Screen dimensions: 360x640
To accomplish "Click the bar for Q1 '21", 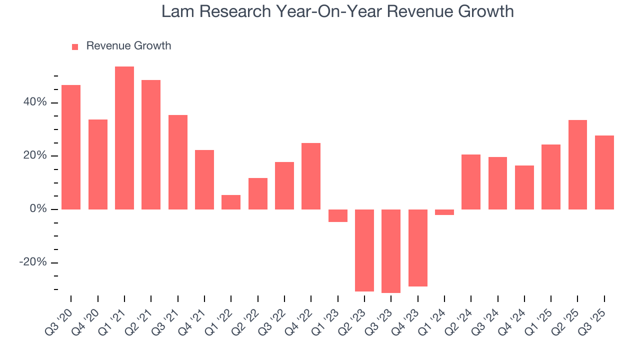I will pos(124,138).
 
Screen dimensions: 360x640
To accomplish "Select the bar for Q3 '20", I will pos(71,147).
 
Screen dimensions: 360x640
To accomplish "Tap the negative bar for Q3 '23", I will pos(391,251).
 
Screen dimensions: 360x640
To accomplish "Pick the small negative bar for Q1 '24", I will pos(444,212).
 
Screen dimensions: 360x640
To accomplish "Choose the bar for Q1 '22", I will pos(231,202).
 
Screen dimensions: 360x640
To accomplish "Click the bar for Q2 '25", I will pos(577,164).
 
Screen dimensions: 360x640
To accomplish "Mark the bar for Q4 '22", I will pos(311,176).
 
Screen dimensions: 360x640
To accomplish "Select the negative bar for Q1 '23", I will pos(338,215).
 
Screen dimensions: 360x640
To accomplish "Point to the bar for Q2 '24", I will pos(471,182).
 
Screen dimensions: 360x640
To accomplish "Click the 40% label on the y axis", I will pos(34,102).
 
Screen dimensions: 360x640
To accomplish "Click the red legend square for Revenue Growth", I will pos(75,46).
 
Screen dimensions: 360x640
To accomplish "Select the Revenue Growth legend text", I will pos(128,46).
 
